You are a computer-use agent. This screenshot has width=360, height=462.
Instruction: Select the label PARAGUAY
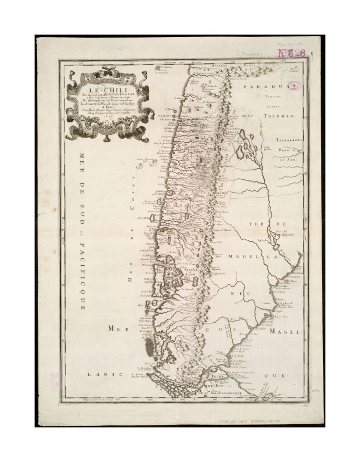pos(269,86)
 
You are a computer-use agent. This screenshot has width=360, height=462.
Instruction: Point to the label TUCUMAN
pos(279,116)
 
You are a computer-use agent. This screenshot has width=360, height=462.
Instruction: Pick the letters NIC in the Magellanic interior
pos(245,293)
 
